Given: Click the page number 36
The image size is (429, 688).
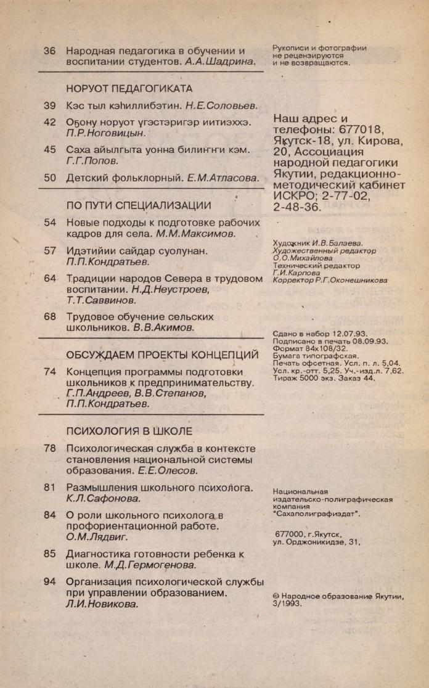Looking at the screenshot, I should (50, 51).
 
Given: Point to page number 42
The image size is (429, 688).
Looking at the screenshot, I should (50, 122).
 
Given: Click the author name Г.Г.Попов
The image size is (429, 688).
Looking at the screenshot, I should (92, 160).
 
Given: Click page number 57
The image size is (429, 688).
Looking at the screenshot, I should (50, 250).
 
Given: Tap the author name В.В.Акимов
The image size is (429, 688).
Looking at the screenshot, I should (163, 327).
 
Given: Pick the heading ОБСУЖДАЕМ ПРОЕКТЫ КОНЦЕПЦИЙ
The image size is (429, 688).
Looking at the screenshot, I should (162, 354).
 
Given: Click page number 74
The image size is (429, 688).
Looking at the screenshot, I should (50, 372).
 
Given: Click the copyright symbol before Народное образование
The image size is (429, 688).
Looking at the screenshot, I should (276, 597).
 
